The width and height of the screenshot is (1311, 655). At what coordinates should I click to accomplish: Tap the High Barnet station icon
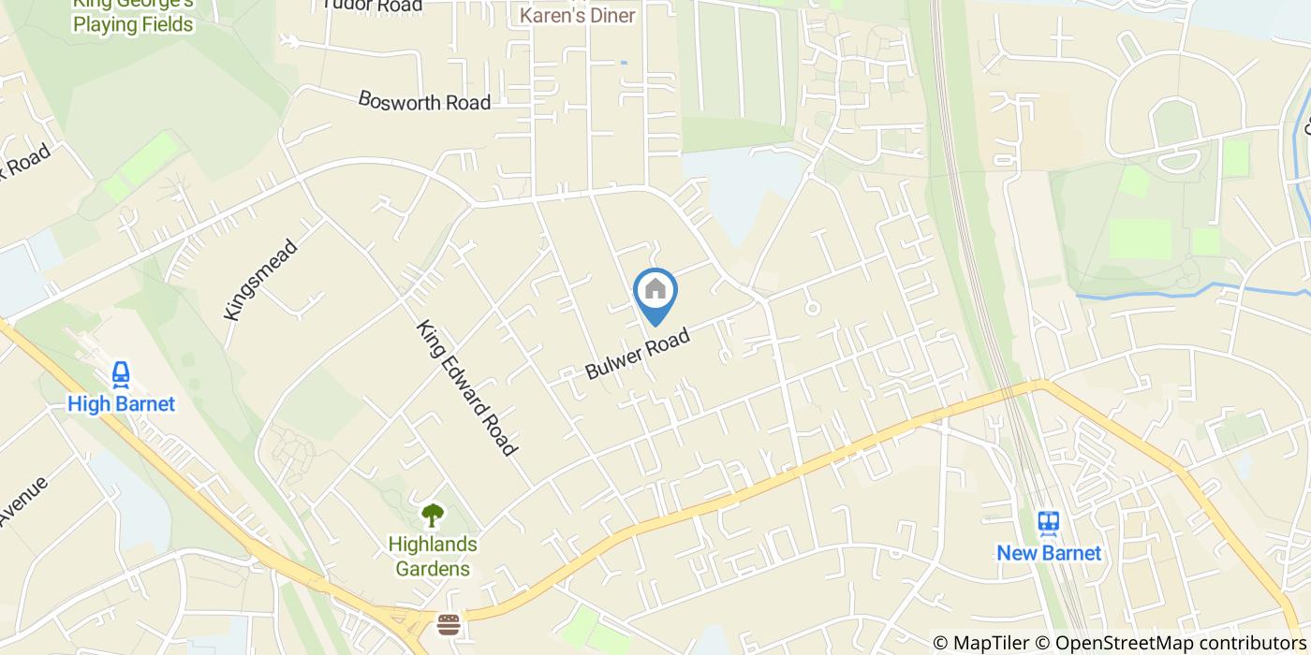pyautogui.click(x=121, y=375)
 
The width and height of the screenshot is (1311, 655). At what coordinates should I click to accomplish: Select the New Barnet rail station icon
pyautogui.click(x=1048, y=523)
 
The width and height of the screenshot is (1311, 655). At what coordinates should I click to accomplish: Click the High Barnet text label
pyautogui.click(x=121, y=404)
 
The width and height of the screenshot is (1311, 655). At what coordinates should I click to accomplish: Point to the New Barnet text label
pyautogui.click(x=1048, y=553)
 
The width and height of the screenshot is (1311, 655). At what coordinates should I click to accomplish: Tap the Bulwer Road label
pyautogui.click(x=637, y=353)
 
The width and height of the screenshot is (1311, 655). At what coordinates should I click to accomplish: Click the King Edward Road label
pyautogui.click(x=467, y=388)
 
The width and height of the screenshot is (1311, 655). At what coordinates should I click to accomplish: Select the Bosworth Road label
pyautogui.click(x=424, y=100)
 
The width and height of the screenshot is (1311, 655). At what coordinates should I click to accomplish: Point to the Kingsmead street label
pyautogui.click(x=261, y=280)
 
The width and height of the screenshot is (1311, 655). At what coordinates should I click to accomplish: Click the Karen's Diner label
pyautogui.click(x=577, y=15)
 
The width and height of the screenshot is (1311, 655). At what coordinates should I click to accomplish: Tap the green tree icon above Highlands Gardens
pyautogui.click(x=432, y=514)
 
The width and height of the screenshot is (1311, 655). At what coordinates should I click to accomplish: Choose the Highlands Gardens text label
pyautogui.click(x=432, y=556)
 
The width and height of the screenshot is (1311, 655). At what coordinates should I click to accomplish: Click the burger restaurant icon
pyautogui.click(x=449, y=624)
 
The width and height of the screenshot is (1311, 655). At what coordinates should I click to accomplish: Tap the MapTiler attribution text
pyautogui.click(x=987, y=643)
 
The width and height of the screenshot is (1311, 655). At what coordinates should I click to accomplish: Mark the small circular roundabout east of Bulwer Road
pyautogui.click(x=813, y=307)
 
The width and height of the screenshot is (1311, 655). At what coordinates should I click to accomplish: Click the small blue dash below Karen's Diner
pyautogui.click(x=623, y=63)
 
